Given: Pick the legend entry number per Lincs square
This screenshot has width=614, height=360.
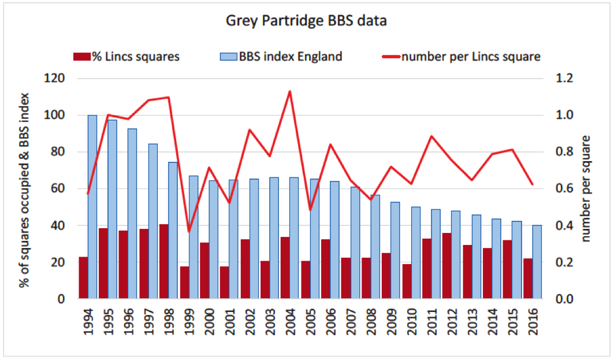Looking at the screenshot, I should (462, 57).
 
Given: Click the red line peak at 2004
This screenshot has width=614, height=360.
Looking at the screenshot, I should (290, 91).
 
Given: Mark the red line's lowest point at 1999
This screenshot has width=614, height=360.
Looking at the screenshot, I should (189, 232).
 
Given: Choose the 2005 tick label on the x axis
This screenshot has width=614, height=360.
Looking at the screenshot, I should (310, 324).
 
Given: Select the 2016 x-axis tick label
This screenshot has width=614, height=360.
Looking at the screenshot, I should (533, 324).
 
